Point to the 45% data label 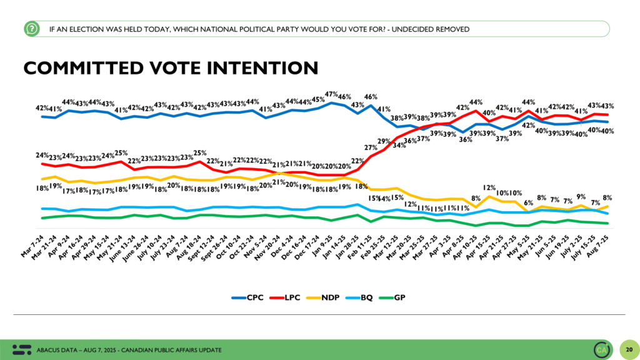pos(317,99)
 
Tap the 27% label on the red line pos(371,149)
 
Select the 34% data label pos(397,146)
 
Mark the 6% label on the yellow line pos(528,202)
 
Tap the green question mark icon pos(30,29)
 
